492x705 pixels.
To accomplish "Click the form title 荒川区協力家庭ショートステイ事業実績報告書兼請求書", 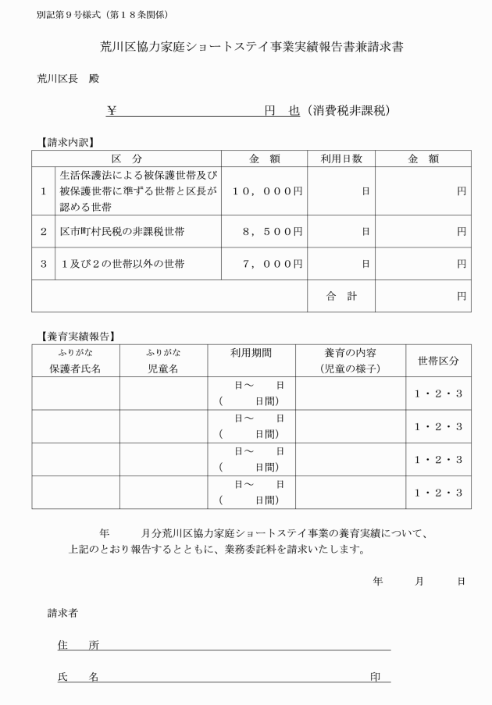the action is [x=246, y=48].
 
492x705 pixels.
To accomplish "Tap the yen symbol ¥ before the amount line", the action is [x=112, y=111].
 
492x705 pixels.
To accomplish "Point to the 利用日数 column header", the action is [x=341, y=158].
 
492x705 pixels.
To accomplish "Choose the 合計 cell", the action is [x=341, y=296].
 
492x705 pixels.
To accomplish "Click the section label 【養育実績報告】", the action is [x=77, y=336].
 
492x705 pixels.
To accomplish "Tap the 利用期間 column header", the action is [x=251, y=353].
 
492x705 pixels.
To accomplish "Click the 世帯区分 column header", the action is [x=438, y=361].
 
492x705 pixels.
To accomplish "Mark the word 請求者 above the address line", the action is [x=63, y=613].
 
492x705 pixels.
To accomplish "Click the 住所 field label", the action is [x=78, y=645].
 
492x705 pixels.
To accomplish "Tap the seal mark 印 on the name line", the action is [x=376, y=677].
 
